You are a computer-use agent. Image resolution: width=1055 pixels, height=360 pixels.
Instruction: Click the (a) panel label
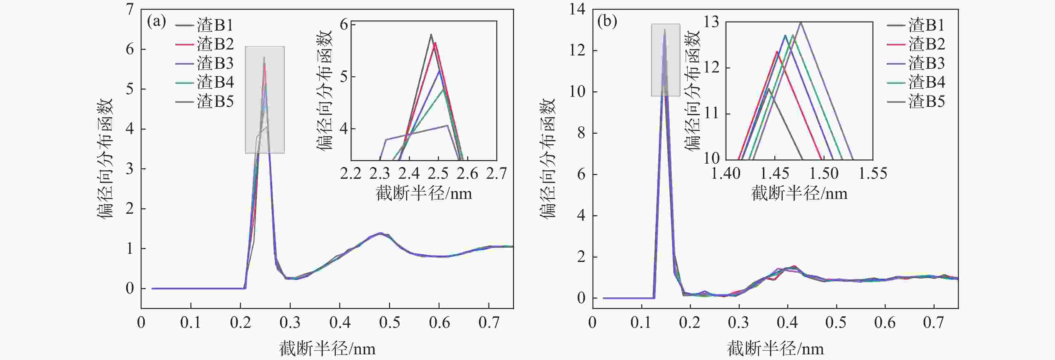(156, 22)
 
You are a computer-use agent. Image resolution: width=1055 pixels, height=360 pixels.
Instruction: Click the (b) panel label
(607, 22)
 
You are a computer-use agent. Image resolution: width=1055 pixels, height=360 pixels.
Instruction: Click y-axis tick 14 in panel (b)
(577, 9)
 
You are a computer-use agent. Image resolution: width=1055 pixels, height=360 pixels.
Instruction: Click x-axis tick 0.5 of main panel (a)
(389, 323)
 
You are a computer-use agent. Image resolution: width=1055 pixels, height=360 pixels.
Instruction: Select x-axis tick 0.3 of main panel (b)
(738, 323)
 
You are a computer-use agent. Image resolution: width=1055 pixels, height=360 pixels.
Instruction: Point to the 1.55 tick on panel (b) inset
(873, 174)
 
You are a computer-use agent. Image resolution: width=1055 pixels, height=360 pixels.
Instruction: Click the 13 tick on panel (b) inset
(711, 22)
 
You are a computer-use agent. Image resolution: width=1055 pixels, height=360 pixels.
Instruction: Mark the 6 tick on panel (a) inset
(343, 25)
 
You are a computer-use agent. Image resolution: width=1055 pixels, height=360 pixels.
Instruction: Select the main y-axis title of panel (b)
(547, 158)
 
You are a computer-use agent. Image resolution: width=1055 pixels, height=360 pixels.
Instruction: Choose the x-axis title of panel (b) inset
(799, 193)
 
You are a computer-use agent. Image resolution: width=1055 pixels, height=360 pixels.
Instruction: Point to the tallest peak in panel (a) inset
(431, 34)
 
